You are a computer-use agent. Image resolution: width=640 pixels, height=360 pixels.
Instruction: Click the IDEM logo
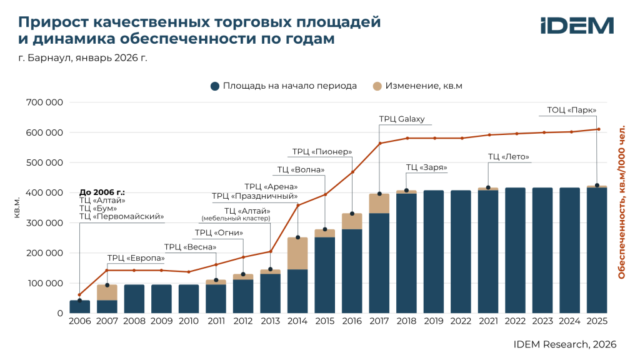click(x=576, y=26)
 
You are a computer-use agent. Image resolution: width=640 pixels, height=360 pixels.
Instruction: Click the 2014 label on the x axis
click(x=297, y=321)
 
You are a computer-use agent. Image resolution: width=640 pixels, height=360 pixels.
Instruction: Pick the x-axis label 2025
click(x=597, y=321)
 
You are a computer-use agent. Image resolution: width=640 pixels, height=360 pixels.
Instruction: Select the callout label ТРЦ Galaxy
click(x=402, y=119)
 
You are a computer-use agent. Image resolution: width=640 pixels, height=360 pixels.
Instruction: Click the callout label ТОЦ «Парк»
click(x=571, y=110)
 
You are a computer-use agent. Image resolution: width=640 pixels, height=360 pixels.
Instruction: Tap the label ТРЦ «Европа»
click(x=136, y=258)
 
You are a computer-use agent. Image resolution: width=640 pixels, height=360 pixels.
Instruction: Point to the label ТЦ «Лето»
click(x=509, y=157)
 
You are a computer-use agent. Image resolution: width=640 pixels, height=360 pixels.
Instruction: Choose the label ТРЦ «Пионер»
click(x=322, y=152)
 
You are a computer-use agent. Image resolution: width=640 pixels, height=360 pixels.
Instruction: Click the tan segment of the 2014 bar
click(x=297, y=253)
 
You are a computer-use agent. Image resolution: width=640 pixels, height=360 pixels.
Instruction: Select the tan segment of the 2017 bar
click(x=379, y=203)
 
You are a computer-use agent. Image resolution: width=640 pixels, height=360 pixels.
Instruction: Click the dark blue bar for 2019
click(x=434, y=252)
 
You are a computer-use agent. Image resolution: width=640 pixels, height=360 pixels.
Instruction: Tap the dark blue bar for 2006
click(x=80, y=307)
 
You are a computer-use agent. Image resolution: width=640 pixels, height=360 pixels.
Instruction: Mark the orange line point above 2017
click(x=379, y=143)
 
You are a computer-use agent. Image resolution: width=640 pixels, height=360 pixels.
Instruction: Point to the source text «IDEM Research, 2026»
click(x=565, y=344)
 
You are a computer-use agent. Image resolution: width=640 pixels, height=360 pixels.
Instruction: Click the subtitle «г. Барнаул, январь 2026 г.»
click(x=82, y=58)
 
